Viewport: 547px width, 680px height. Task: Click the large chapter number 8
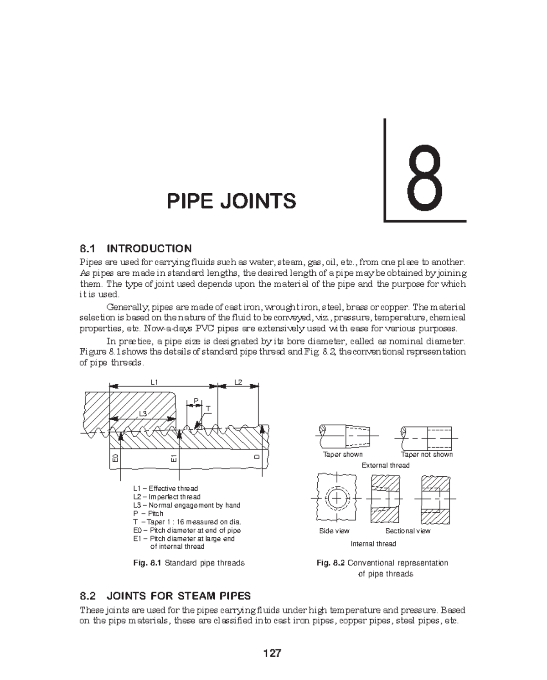click(x=425, y=181)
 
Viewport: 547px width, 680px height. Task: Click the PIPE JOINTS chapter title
click(x=232, y=201)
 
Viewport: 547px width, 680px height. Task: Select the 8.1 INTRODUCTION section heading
click(x=135, y=248)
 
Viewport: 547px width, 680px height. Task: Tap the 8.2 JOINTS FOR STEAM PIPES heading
click(x=165, y=596)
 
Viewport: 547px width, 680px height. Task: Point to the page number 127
click(x=272, y=653)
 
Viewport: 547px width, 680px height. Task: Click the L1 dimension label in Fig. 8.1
click(x=154, y=382)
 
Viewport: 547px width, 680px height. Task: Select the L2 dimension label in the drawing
click(x=238, y=382)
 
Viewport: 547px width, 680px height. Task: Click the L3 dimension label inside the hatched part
click(x=143, y=413)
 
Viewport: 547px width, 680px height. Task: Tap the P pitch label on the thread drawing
click(x=196, y=401)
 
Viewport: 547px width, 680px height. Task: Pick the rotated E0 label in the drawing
click(x=115, y=458)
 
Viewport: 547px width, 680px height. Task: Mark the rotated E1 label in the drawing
click(x=174, y=458)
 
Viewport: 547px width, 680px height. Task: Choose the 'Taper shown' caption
click(x=343, y=454)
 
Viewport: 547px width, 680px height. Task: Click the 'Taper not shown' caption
click(x=427, y=454)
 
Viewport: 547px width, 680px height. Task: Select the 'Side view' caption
click(x=334, y=531)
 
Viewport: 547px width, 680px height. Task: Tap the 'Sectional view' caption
click(x=408, y=531)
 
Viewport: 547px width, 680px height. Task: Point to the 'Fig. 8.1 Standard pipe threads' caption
click(x=189, y=563)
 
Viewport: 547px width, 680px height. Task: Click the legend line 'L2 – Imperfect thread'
click(x=167, y=497)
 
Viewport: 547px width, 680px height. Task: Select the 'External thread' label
click(x=385, y=465)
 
